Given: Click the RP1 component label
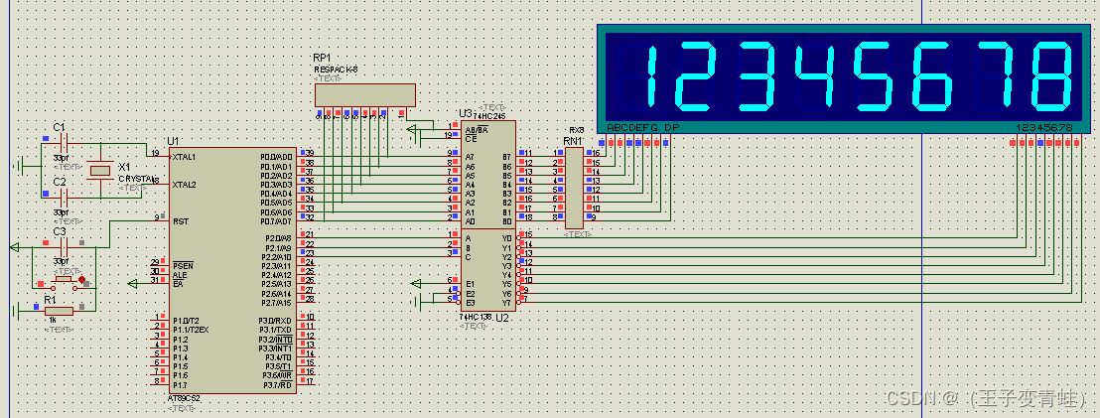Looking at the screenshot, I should click(322, 59).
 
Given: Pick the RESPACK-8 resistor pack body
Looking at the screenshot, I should click(364, 95).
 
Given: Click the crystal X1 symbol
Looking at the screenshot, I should click(97, 171).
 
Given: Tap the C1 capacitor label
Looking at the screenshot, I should click(59, 128).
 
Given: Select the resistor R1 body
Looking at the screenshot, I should click(58, 311).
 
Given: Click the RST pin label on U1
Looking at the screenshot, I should click(181, 221).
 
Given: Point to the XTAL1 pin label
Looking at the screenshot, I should click(184, 157).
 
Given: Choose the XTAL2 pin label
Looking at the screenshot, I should click(184, 185).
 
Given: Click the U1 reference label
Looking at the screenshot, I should click(173, 142).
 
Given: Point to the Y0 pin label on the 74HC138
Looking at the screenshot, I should click(506, 237).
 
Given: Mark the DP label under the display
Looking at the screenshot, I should click(672, 128).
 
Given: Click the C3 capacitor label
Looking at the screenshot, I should click(59, 232).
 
